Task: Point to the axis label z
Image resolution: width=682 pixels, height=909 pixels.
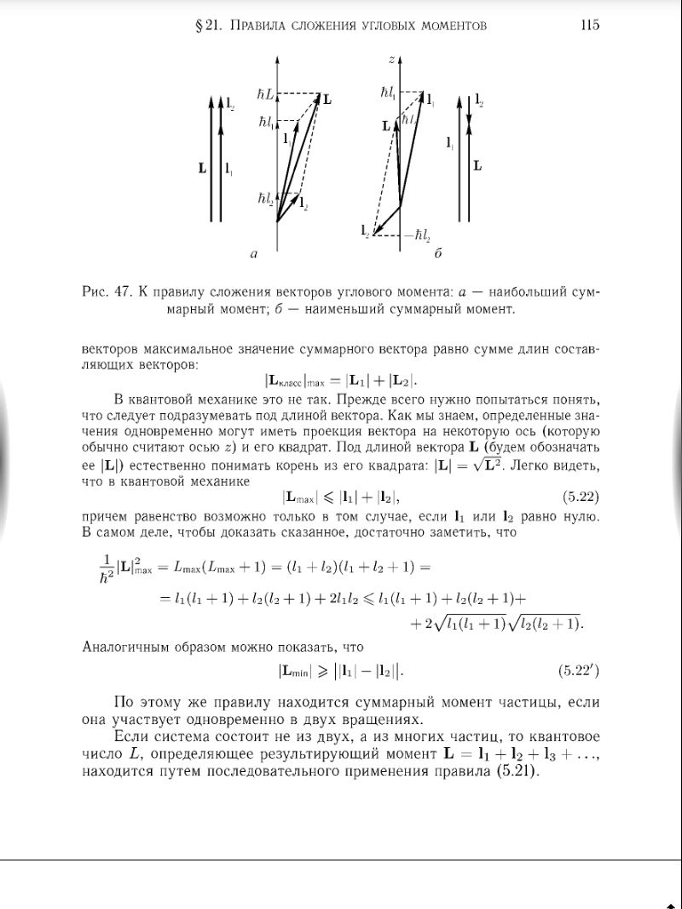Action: (390, 60)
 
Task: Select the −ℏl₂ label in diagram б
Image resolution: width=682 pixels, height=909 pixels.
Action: (417, 235)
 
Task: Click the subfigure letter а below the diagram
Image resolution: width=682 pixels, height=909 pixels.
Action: (253, 253)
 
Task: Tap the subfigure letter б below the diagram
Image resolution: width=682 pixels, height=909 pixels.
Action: (438, 253)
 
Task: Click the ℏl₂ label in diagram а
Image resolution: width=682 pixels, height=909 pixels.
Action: (265, 198)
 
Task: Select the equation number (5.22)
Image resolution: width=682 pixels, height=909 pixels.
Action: (581, 496)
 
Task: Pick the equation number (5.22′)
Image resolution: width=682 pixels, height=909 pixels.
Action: (579, 671)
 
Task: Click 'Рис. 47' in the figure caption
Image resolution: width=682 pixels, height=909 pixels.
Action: (106, 293)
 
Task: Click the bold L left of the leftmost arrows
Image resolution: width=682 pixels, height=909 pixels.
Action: (202, 169)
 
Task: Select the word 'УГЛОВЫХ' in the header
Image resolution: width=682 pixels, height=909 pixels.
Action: (379, 26)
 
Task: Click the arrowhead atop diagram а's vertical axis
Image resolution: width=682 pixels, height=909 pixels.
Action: (277, 60)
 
